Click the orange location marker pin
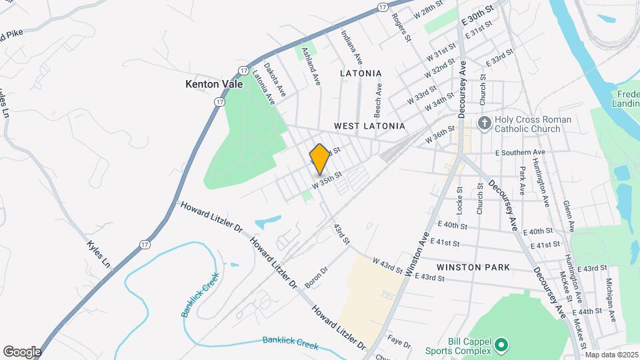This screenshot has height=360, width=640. tap(320, 159)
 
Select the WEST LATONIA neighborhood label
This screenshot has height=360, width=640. tap(369, 125)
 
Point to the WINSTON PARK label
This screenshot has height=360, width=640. tap(473, 267)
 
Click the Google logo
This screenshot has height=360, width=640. tap(22, 351)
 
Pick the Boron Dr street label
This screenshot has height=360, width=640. tap(316, 277)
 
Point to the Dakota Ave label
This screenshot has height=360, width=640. tap(274, 81)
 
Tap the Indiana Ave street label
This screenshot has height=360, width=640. tap(352, 47)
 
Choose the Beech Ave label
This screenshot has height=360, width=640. tap(378, 97)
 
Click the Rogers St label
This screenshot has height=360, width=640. tap(403, 27)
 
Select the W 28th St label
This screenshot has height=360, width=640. tap(429, 11)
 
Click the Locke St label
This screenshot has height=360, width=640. tap(459, 198)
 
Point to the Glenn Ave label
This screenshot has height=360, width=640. tap(567, 215)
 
